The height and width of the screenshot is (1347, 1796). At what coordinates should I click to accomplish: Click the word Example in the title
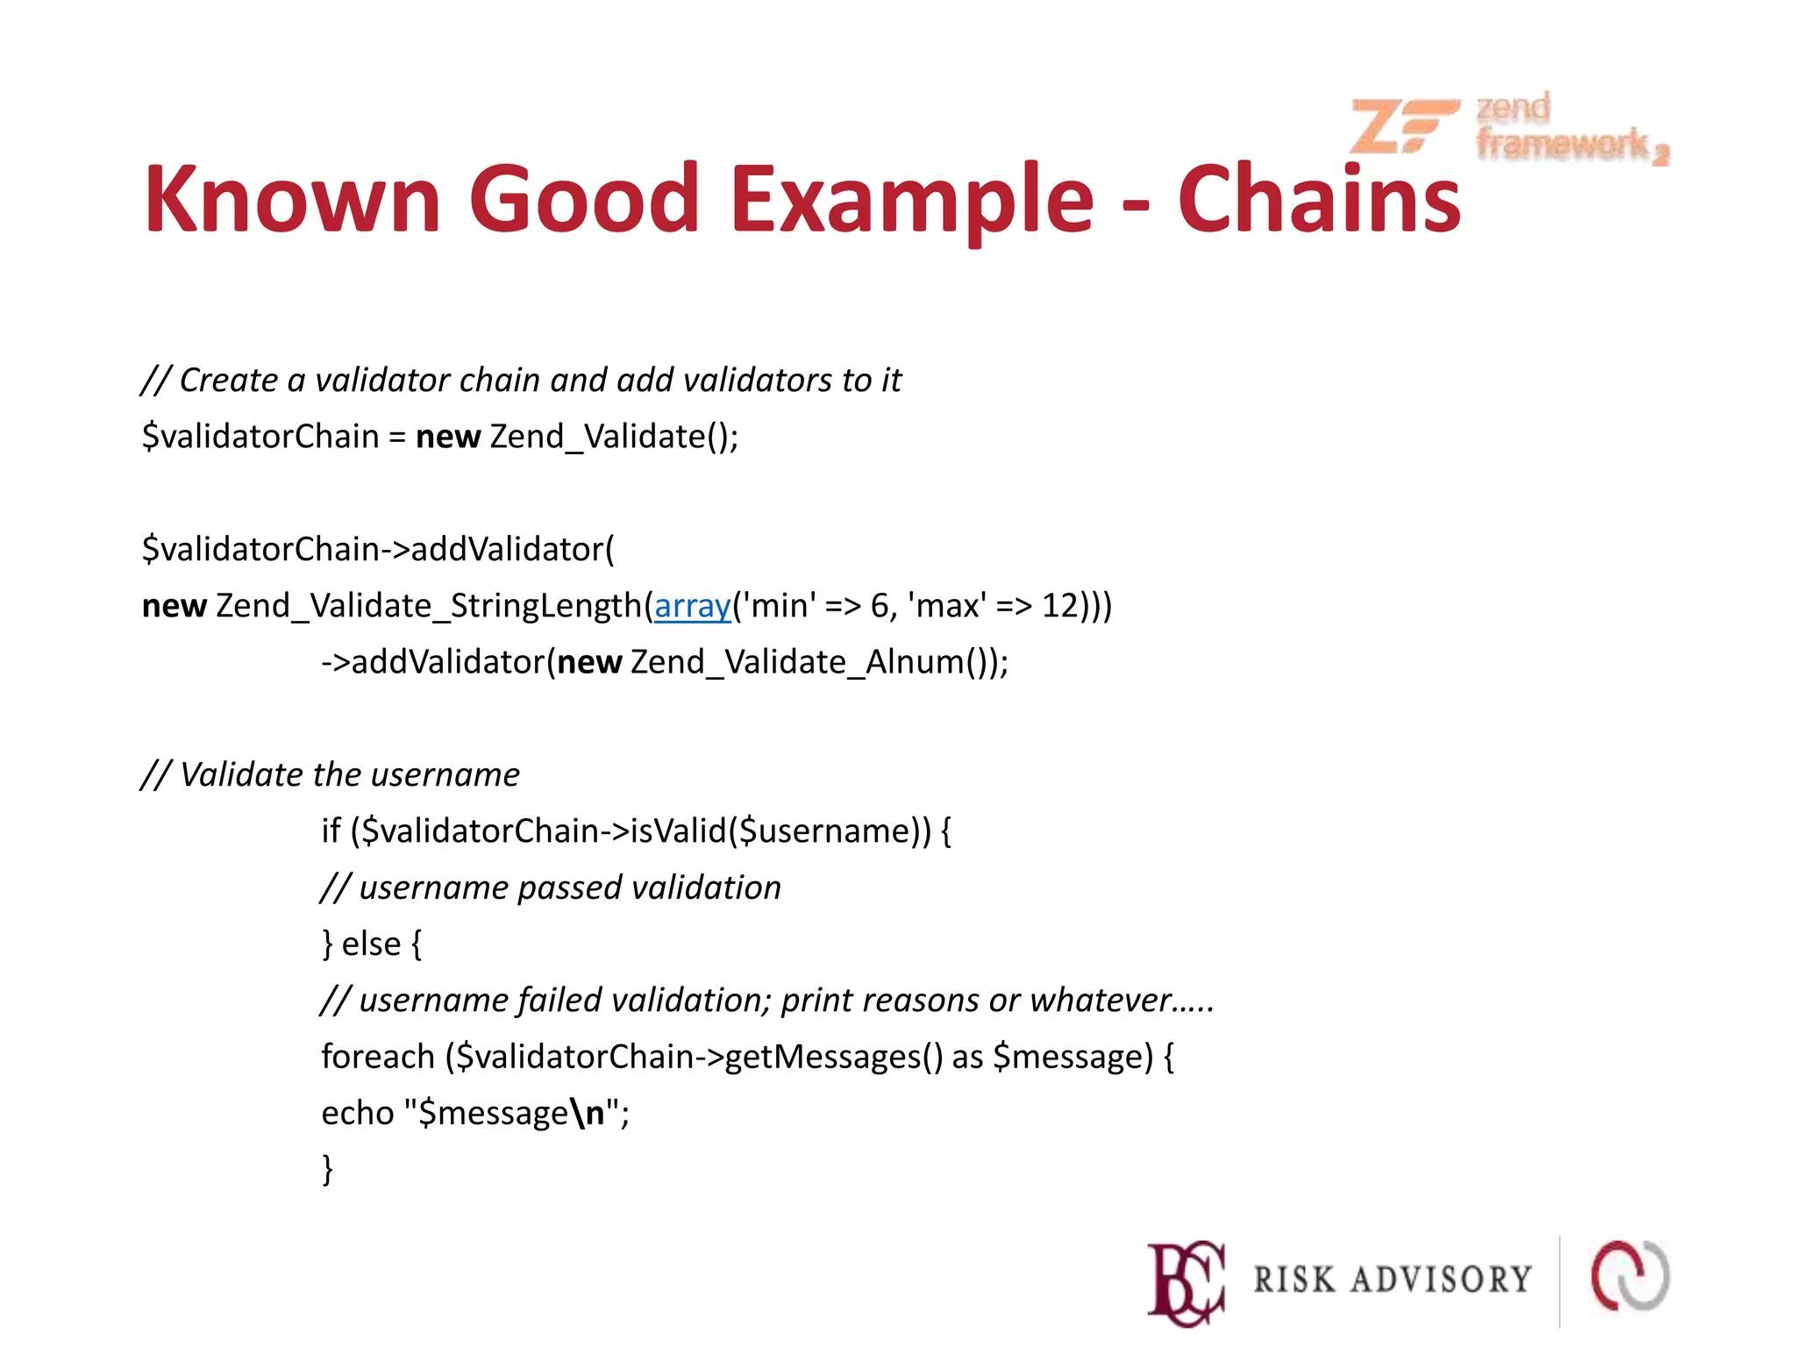(x=912, y=202)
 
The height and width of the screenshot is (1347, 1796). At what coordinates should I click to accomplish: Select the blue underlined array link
(x=693, y=606)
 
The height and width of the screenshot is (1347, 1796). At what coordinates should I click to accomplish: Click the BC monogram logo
(x=1186, y=1281)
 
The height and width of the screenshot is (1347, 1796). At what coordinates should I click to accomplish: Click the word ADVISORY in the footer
(x=1442, y=1280)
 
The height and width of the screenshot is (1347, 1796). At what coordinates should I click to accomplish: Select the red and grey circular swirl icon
(x=1630, y=1277)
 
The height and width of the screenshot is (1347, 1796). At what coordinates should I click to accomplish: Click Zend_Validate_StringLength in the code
(x=429, y=606)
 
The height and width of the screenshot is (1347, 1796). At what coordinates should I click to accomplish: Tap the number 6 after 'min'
(x=880, y=606)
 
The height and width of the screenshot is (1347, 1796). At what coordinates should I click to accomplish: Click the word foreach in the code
(x=378, y=1057)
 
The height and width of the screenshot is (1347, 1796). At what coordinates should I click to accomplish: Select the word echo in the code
(x=358, y=1113)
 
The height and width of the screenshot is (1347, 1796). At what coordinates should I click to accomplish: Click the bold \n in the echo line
(x=588, y=1113)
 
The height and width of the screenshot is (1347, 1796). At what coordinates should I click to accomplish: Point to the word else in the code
(x=371, y=944)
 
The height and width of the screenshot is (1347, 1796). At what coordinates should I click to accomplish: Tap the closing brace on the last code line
(x=328, y=1170)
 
